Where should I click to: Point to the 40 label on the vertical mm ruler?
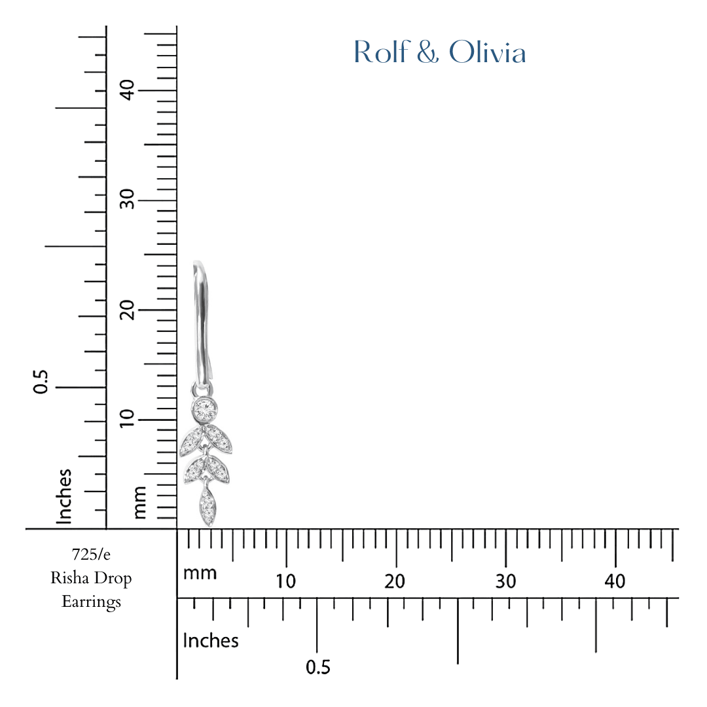click(128, 90)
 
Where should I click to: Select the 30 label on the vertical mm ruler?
click(128, 199)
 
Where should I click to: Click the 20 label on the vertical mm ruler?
click(128, 309)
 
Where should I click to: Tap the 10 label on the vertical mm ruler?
click(128, 418)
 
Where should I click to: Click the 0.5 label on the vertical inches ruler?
click(41, 382)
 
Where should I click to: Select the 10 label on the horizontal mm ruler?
click(285, 581)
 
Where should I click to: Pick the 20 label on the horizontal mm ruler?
click(395, 581)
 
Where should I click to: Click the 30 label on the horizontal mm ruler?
click(505, 581)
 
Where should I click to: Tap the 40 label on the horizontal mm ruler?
click(615, 581)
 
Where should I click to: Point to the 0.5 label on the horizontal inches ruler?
click(318, 668)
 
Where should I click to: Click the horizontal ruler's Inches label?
click(211, 640)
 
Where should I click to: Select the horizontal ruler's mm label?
click(200, 573)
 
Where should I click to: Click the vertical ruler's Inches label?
click(63, 496)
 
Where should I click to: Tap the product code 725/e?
click(91, 555)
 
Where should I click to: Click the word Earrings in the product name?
click(91, 601)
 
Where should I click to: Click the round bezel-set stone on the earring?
click(206, 409)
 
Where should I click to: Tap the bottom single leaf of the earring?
click(208, 505)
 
